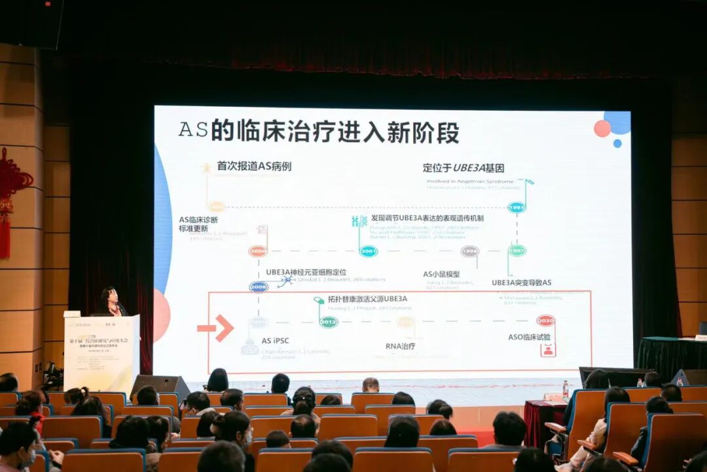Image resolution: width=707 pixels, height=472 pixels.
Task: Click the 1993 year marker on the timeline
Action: point(517,207)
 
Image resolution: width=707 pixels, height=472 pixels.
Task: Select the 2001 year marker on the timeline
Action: point(369,251)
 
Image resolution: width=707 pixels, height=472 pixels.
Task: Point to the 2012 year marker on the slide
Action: point(329,322)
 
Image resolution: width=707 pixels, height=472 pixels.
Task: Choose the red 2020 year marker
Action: point(545,321)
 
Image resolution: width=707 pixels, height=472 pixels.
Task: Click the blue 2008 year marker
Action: point(259,286)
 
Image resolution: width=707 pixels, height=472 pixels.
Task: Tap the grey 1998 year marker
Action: point(469,251)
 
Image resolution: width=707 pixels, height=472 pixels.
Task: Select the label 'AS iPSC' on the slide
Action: point(275,341)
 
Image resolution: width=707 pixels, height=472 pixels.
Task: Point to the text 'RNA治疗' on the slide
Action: point(400,346)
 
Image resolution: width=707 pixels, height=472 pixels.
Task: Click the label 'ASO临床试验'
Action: point(530,337)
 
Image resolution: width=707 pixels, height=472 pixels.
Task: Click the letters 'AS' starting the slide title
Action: point(193,130)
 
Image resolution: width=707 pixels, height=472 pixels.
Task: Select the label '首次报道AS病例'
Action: point(254,167)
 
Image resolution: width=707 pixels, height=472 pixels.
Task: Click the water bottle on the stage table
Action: point(565,389)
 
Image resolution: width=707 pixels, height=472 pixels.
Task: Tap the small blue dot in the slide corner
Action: point(617,143)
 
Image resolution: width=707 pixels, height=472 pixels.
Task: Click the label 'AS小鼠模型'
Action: point(441,274)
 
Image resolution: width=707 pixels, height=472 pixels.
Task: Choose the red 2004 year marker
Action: point(258,251)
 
